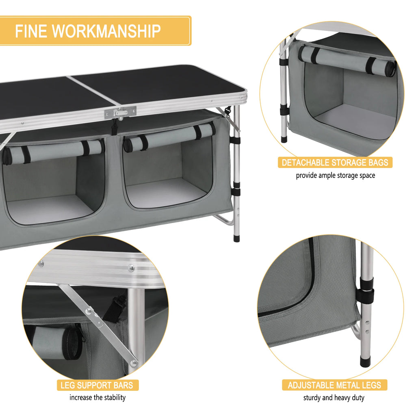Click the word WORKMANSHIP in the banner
[x=106, y=31]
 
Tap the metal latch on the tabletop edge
[x=120, y=113]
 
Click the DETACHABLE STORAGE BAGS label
[x=335, y=163]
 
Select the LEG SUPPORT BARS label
[x=97, y=385]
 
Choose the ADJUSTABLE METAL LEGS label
[x=334, y=385]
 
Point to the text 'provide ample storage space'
[x=335, y=175]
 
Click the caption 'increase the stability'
[x=97, y=397]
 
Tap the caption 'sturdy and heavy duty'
[x=334, y=398]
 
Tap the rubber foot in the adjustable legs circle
[x=365, y=361]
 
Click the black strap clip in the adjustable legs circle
[x=366, y=290]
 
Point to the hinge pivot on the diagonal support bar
[x=89, y=312]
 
